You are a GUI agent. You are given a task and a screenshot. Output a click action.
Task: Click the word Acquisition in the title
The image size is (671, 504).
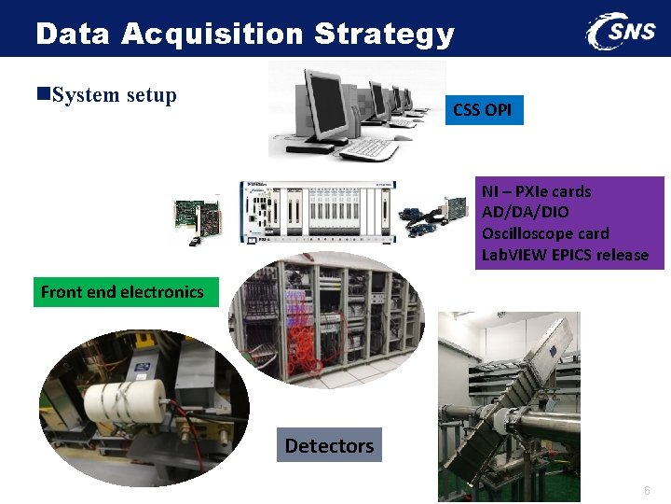212,35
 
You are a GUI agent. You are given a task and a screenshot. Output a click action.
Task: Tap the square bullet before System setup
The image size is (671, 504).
43,95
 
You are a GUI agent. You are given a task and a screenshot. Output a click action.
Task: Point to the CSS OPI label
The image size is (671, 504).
482,110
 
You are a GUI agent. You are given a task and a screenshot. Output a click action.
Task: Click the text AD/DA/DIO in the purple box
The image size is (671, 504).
525,212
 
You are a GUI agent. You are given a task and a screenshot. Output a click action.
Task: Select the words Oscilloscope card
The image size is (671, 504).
544,233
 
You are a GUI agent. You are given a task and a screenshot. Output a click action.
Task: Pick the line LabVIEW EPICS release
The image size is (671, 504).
565,255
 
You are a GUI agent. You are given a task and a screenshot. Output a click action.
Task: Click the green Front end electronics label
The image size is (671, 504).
122,292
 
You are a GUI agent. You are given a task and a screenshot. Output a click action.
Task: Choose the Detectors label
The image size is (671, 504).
329,446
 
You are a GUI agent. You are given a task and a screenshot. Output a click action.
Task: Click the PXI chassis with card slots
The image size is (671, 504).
317,213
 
